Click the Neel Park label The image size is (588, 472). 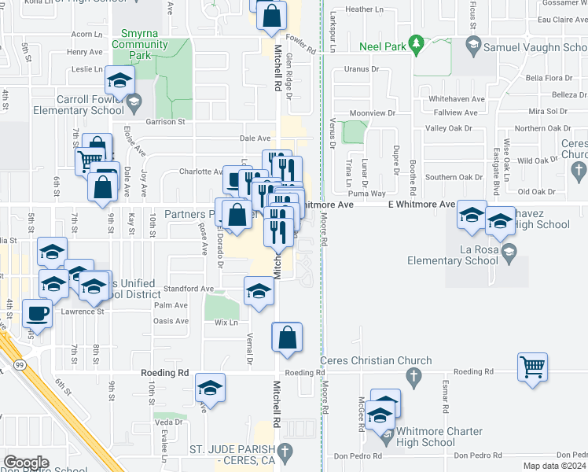384,47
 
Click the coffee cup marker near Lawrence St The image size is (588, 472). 37,313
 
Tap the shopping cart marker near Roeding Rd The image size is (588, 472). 532,367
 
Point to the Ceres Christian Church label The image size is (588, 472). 377,361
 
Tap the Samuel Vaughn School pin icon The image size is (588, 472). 473,47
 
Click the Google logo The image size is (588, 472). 27,462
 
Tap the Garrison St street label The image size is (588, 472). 165,122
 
